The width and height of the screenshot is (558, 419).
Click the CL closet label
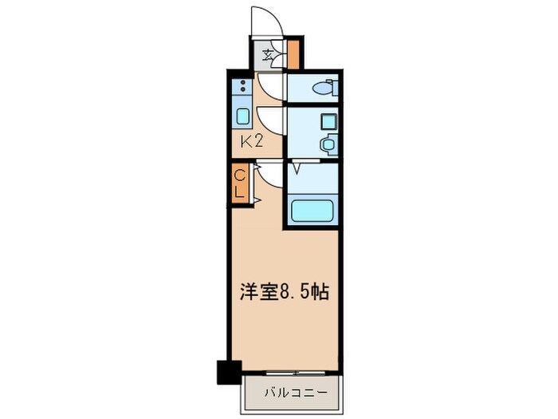[x=239, y=183]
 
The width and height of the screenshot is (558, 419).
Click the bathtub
[x=311, y=211]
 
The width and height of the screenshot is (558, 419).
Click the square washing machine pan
[x=327, y=121]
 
